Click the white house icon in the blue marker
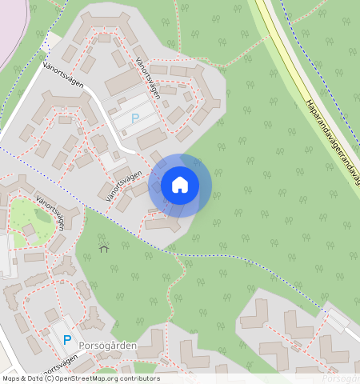click(x=180, y=185)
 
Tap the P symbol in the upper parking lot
click(x=135, y=118)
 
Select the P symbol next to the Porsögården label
click(x=67, y=340)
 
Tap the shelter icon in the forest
click(x=103, y=249)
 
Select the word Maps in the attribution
click(x=11, y=378)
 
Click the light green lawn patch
click(x=24, y=212)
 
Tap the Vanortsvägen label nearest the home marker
click(x=124, y=185)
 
